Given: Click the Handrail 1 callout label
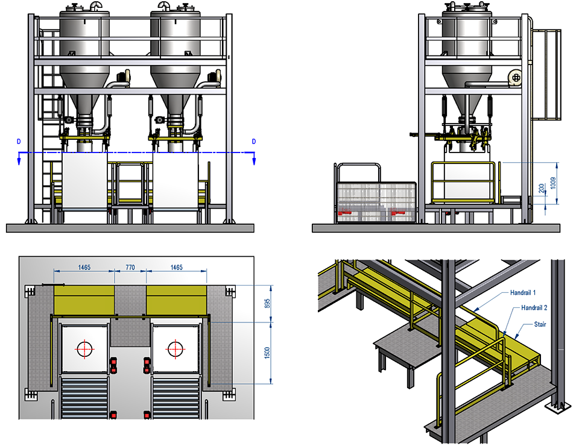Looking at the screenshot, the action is pos(522,292).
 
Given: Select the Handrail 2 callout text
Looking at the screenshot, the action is pos(534,307).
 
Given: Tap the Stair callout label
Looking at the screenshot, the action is pos(540,324).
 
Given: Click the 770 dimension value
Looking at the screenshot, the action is pos(130,267).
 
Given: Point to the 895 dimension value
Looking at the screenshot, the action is pos(268,303).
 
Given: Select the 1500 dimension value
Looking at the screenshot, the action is pos(268,353).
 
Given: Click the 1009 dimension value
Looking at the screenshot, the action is pos(553,183).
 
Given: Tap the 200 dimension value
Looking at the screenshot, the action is pos(542,189).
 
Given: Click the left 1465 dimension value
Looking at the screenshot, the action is pos(84,267).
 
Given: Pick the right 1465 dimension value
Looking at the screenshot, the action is pos(176,267).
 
